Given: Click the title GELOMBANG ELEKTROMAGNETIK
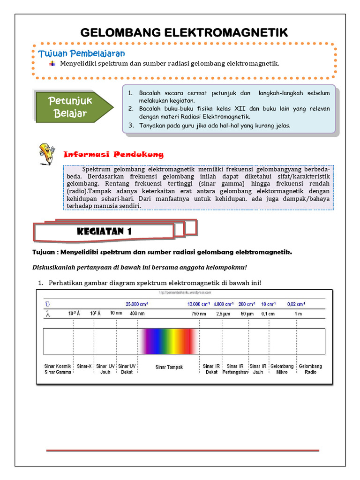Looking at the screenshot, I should point(184,32).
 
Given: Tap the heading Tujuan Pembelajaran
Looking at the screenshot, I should point(82,53).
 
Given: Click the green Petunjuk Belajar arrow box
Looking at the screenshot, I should point(73,107).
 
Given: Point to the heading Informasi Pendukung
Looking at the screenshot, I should point(113,154).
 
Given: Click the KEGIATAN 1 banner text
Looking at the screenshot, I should point(104,232).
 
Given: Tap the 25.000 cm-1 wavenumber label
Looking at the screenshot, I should point(139,304).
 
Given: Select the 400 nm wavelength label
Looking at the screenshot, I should point(137,314).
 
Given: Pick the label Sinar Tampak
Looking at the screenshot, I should point(169,367).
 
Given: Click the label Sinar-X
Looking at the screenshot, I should point(84,366).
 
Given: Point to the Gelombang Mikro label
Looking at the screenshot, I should point(282,369).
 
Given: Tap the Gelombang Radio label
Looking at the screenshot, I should point(310,369).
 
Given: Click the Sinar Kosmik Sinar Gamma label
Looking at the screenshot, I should point(58,369).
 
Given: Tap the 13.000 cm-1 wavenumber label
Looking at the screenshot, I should point(199,304).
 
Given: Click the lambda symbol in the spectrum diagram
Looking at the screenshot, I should point(47,314).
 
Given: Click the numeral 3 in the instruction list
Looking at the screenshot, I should point(131,125).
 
